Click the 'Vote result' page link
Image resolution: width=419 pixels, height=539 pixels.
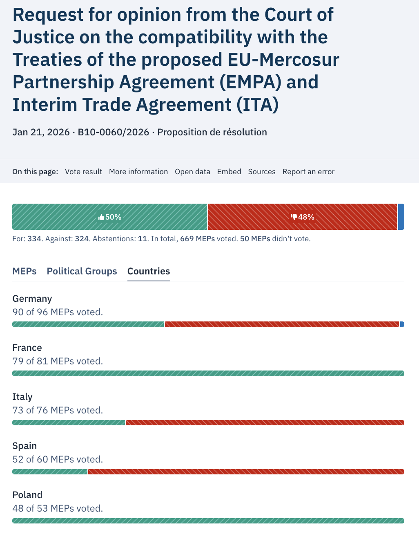click(x=83, y=172)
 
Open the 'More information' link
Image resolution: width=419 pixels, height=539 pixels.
click(x=138, y=172)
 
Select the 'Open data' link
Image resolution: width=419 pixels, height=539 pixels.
click(x=192, y=172)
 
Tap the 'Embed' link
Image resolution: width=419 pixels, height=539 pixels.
click(x=229, y=172)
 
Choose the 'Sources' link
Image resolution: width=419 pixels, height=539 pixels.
click(x=262, y=172)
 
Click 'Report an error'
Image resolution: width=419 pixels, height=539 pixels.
click(x=308, y=172)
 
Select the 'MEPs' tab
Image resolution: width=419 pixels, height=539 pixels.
click(x=25, y=271)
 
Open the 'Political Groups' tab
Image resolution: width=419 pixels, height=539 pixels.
click(x=82, y=271)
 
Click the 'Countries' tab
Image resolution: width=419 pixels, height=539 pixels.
click(x=149, y=271)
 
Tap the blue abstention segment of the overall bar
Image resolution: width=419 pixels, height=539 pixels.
click(x=401, y=217)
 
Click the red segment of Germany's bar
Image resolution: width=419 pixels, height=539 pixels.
click(x=282, y=324)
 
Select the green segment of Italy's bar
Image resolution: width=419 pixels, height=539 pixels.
click(x=69, y=422)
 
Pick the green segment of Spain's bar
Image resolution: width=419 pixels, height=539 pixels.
click(x=50, y=472)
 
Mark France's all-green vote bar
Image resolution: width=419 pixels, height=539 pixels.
click(x=208, y=373)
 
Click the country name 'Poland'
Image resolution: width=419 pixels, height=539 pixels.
click(x=27, y=495)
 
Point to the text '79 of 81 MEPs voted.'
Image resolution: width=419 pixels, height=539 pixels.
click(x=58, y=361)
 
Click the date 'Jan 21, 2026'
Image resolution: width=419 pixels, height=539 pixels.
click(x=41, y=132)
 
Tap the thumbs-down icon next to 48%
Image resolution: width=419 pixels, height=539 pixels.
click(x=294, y=217)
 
